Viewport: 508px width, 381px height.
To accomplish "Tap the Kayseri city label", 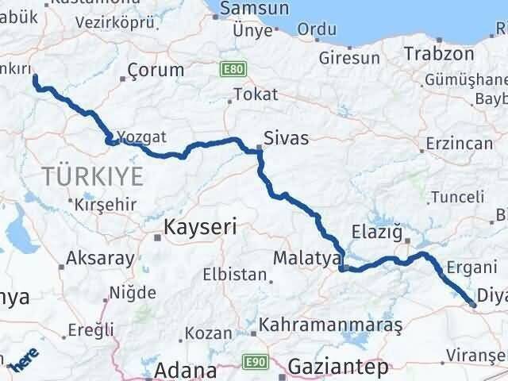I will [200, 228].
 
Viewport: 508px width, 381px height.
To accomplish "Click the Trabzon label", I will [438, 54].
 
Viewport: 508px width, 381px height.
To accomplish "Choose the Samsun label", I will [252, 9].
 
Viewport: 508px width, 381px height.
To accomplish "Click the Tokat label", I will [256, 94].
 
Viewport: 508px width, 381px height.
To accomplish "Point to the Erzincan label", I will [459, 144].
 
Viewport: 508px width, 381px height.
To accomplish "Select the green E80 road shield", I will [232, 70].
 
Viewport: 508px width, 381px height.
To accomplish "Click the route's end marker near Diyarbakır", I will [473, 304].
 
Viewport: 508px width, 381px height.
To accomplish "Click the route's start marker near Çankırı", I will [34, 77].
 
